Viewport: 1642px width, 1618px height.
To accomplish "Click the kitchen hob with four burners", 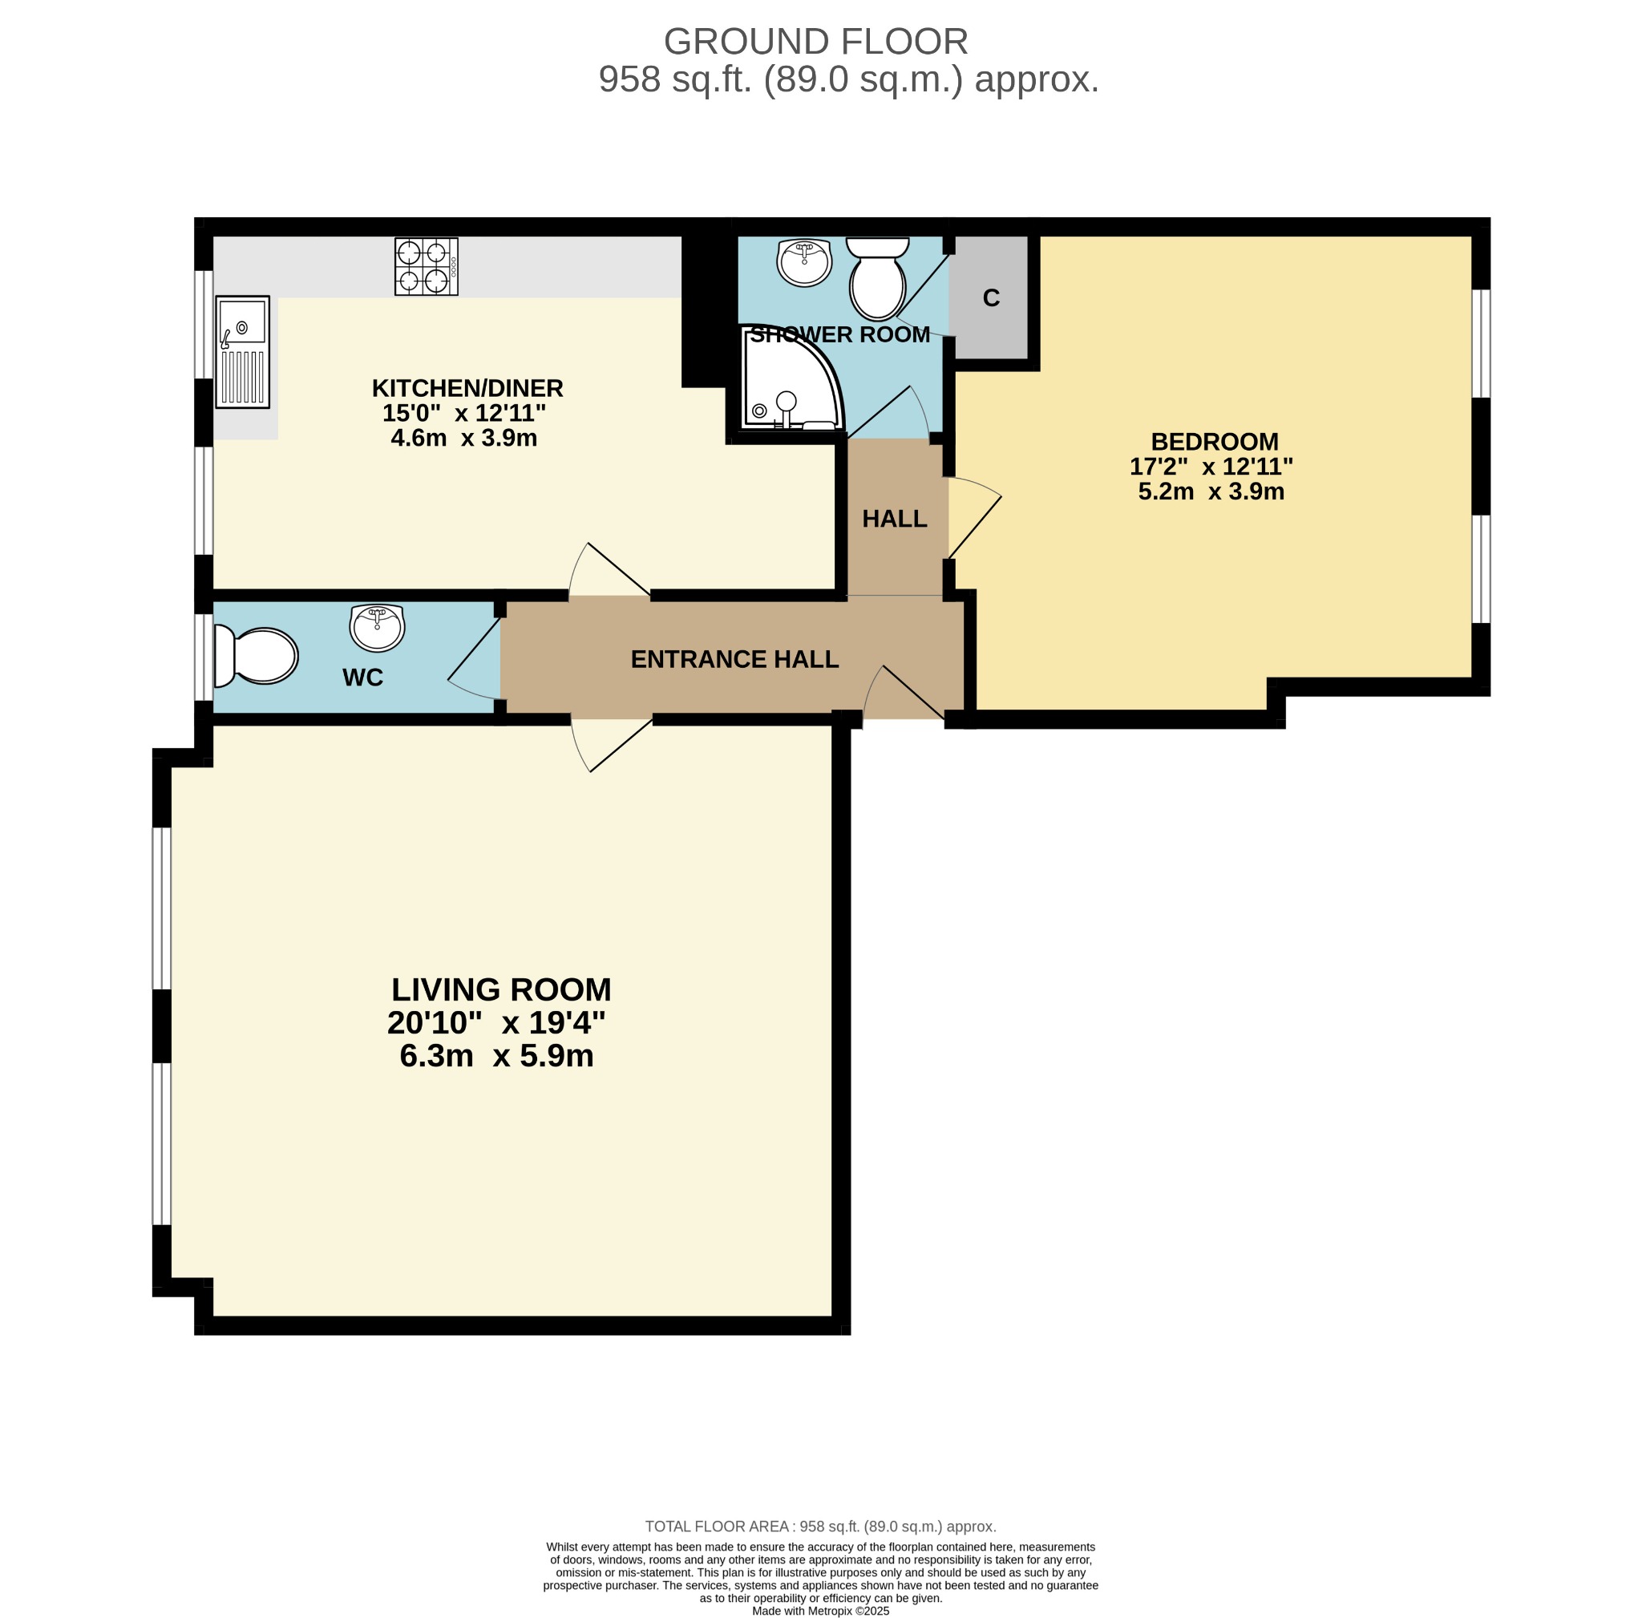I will [426, 266].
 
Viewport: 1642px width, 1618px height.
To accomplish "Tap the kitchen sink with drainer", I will [242, 350].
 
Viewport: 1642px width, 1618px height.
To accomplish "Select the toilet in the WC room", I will [256, 656].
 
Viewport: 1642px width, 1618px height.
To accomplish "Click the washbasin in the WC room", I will [377, 628].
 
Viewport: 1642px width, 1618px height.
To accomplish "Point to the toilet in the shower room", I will [877, 279].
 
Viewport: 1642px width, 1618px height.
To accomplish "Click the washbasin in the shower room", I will [803, 261].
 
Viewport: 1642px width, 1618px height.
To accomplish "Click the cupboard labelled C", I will [991, 298].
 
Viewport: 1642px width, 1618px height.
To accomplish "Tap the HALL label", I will [894, 520].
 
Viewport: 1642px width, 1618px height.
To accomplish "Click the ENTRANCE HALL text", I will [734, 659].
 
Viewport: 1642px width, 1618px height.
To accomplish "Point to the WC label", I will [362, 678].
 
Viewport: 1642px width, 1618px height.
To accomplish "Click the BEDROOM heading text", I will [1214, 442].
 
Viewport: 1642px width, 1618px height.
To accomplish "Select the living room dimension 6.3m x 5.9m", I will [496, 1056].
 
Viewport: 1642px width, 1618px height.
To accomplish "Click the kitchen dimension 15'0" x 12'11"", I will [463, 414].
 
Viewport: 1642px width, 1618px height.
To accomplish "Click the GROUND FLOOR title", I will [815, 42].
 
